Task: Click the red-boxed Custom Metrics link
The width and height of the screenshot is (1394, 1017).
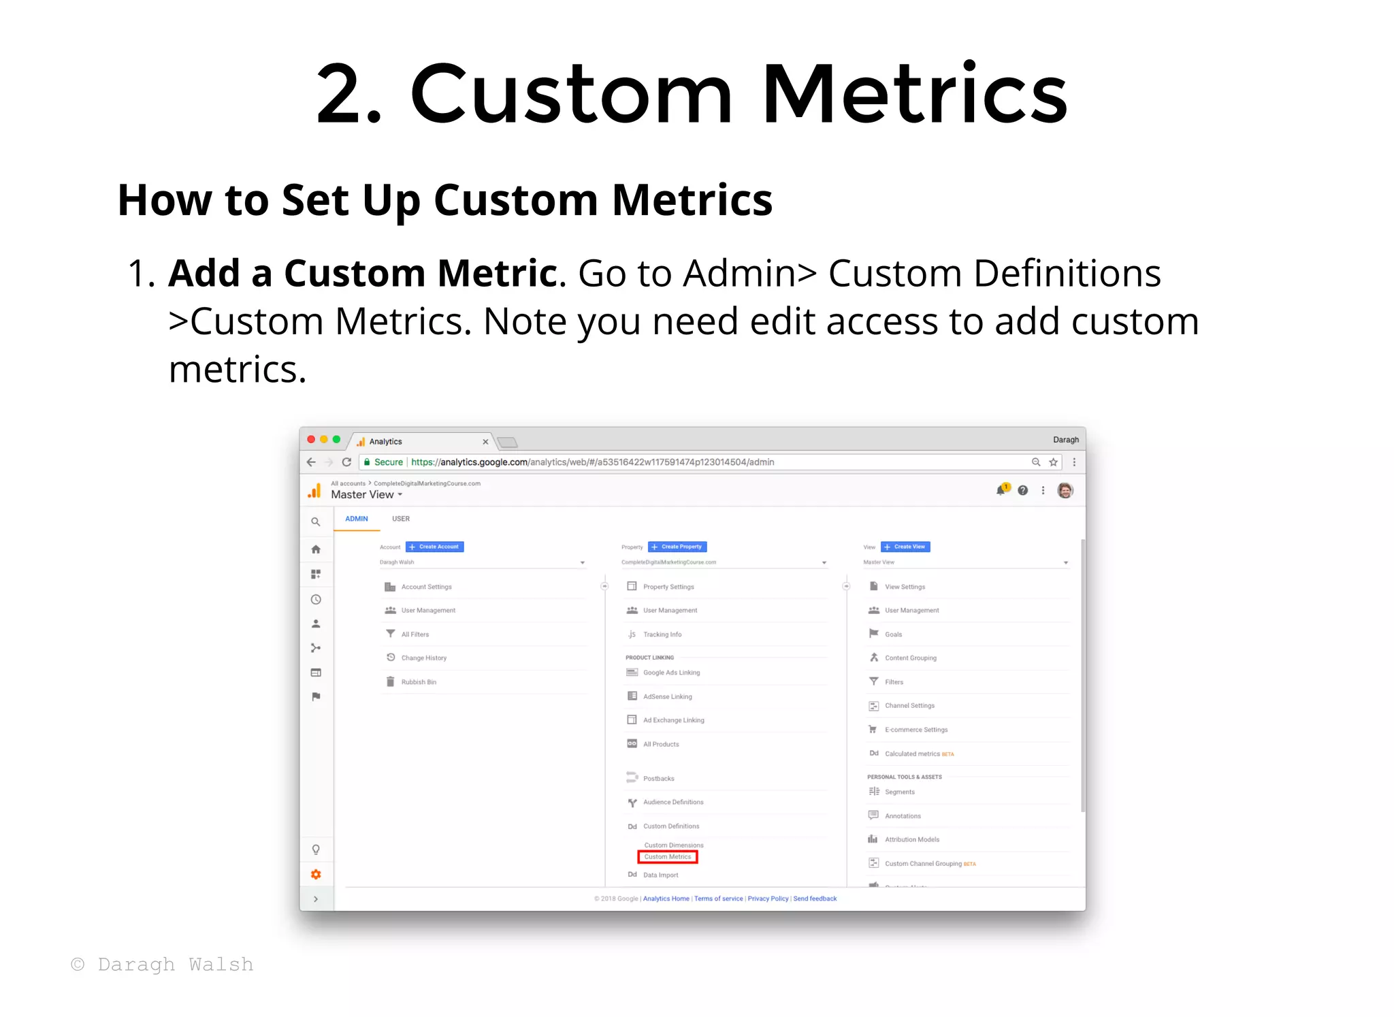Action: click(x=667, y=857)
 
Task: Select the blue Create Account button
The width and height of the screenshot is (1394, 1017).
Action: click(x=434, y=547)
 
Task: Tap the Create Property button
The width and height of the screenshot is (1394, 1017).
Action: click(x=677, y=547)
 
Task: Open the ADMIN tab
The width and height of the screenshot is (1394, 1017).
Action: click(x=356, y=519)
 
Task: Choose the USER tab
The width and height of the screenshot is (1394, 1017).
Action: click(x=401, y=519)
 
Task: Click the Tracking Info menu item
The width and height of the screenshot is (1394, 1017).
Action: click(x=662, y=634)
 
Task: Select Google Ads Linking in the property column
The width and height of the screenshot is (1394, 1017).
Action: click(x=671, y=673)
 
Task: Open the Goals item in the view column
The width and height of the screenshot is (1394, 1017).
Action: click(x=893, y=634)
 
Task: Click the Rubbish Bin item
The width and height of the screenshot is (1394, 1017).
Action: click(x=419, y=682)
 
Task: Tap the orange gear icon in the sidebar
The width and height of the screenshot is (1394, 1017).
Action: click(x=316, y=875)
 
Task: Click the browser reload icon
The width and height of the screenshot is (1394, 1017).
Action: click(x=346, y=462)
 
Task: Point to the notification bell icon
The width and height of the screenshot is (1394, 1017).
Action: click(x=1001, y=490)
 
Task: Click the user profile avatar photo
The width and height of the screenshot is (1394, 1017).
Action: click(x=1065, y=490)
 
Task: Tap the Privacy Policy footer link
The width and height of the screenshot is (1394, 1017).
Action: click(x=768, y=899)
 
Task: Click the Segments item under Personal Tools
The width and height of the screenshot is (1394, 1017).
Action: click(x=899, y=792)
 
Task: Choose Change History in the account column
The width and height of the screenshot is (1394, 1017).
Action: click(x=423, y=658)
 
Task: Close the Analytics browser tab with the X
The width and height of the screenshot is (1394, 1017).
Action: click(x=485, y=442)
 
